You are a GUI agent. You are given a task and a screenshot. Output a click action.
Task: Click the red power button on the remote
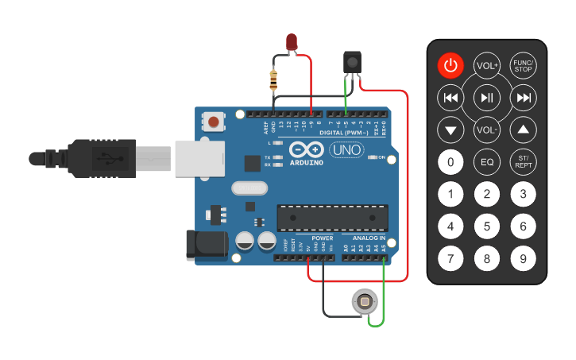(450, 65)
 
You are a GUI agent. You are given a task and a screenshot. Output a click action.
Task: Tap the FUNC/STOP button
(523, 65)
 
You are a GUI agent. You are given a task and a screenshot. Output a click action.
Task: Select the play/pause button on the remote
(486, 98)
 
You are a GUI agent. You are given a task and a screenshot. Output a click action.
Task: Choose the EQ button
(486, 163)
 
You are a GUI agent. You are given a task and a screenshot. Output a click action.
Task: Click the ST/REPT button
(523, 163)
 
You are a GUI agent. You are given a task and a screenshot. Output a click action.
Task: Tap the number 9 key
(523, 258)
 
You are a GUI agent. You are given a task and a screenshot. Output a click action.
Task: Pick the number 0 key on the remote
(450, 163)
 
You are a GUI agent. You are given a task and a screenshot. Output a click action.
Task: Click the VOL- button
(486, 130)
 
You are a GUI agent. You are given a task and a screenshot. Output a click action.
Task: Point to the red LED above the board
(292, 42)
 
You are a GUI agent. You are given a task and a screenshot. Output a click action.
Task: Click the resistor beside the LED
(274, 79)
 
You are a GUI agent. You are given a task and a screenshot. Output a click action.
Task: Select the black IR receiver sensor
(351, 62)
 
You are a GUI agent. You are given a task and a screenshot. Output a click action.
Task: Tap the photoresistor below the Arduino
(365, 302)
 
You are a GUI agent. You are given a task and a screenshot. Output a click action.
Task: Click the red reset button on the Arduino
(214, 122)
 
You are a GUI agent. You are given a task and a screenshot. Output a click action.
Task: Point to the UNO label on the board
(346, 149)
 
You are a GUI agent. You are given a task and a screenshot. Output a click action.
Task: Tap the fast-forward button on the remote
(523, 98)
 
